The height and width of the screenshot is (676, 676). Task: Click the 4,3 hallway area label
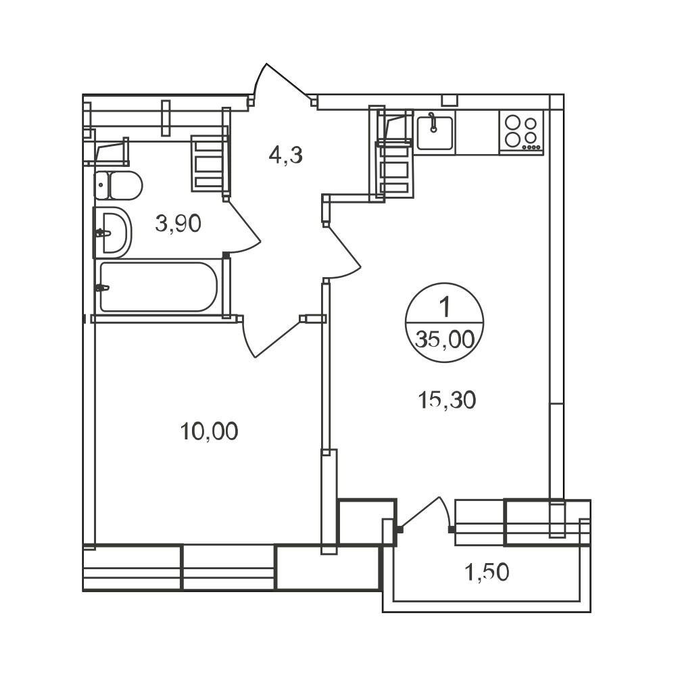coord(285,155)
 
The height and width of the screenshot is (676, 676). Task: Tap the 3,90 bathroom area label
coord(178,224)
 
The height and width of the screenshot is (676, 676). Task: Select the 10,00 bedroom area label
coord(209,431)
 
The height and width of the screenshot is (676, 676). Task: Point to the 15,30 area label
coord(447,400)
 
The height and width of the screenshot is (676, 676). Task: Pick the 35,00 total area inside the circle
coord(445,340)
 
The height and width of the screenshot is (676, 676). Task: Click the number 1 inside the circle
coord(445,308)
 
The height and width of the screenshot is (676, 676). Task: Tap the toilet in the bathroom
coord(118,186)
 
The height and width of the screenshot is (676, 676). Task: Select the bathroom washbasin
coord(112,233)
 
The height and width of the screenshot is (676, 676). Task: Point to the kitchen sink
coord(435,132)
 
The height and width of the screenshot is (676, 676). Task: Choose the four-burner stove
coord(522,132)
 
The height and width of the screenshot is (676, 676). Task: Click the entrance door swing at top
coord(281,82)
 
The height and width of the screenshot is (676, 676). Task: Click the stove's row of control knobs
coord(531,147)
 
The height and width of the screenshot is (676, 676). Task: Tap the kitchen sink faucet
coord(433,122)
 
